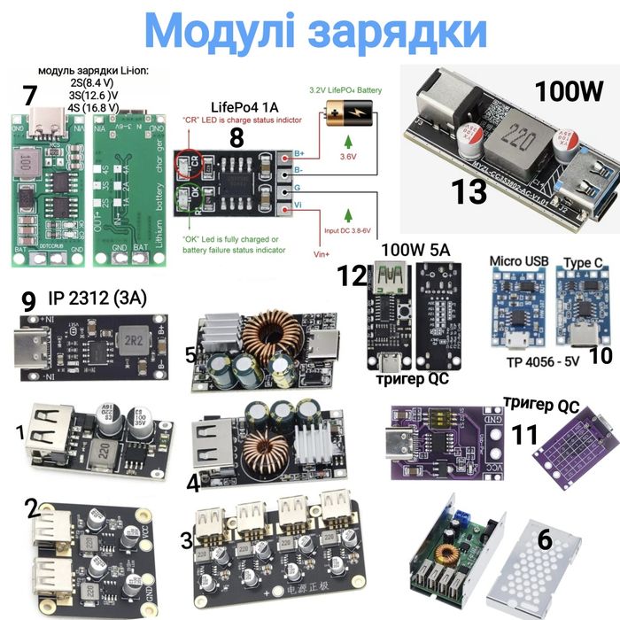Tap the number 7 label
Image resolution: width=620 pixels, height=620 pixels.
point(29,96)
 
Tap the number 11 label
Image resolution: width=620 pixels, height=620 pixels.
point(525,435)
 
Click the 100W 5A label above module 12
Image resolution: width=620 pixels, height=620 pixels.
point(415,251)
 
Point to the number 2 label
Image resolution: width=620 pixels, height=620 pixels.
point(32,508)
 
